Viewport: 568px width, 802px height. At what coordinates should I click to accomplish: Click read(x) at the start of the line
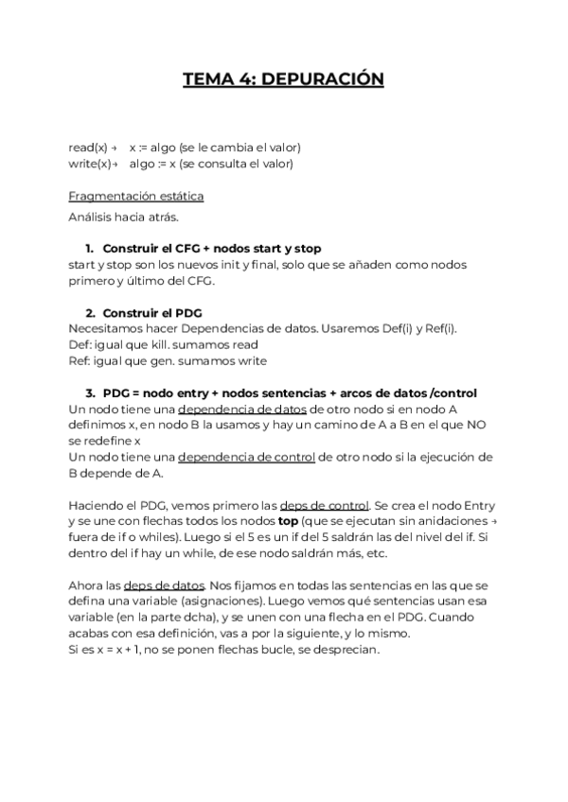click(88, 148)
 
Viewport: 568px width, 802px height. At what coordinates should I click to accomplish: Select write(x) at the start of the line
click(89, 164)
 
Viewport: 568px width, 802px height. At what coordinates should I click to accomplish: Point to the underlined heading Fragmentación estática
click(136, 196)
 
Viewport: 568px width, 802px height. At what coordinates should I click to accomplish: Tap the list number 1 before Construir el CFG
click(89, 248)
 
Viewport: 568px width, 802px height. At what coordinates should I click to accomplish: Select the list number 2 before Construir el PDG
click(90, 312)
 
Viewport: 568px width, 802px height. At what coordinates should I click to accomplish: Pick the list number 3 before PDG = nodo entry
click(90, 392)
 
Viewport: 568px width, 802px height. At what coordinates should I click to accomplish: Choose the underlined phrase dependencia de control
click(246, 457)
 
